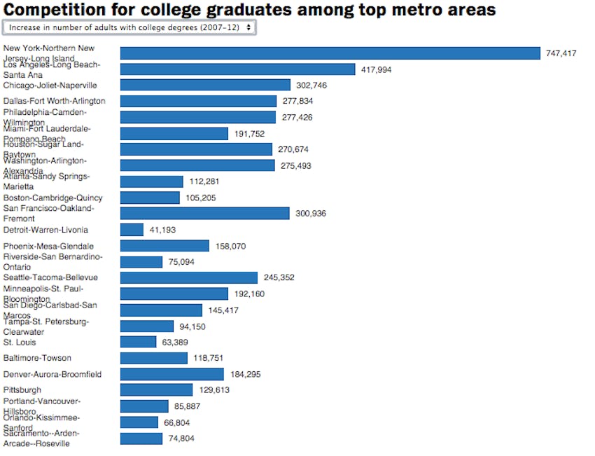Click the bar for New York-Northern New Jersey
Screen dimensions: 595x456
pyautogui.click(x=330, y=53)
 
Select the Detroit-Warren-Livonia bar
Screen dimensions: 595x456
pyautogui.click(x=132, y=230)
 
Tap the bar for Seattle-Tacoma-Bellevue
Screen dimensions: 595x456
pyautogui.click(x=189, y=277)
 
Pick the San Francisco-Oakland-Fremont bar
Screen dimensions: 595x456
pyautogui.click(x=204, y=213)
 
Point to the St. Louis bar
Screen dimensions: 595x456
pyautogui.click(x=138, y=342)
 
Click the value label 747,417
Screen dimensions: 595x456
pyautogui.click(x=561, y=53)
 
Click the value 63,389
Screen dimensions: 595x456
pyautogui.click(x=178, y=342)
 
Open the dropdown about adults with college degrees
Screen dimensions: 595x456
pyautogui.click(x=129, y=27)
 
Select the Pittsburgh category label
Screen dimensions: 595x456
pyautogui.click(x=22, y=389)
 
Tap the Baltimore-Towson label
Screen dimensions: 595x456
pyautogui.click(x=37, y=358)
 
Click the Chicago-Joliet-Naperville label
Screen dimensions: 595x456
pyautogui.click(x=50, y=85)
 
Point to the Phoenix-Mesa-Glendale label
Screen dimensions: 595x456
pyautogui.click(x=48, y=246)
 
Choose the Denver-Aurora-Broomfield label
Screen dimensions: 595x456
pyautogui.click(x=52, y=374)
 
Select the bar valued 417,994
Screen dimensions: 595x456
pyautogui.click(x=237, y=69)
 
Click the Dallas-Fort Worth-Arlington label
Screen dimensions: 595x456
pyautogui.click(x=54, y=101)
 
